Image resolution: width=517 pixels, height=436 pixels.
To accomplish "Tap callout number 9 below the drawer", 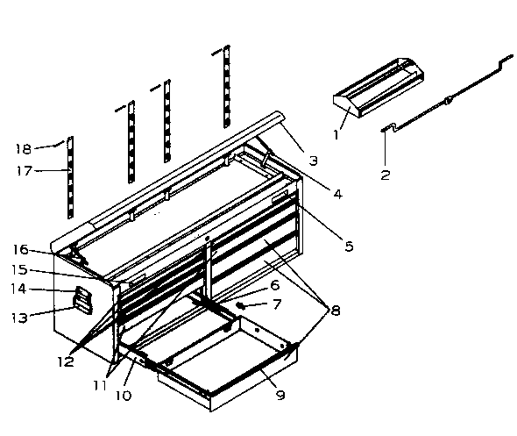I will (280, 395).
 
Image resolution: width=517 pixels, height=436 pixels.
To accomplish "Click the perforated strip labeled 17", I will (70, 180).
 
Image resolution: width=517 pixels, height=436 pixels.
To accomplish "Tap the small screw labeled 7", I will (241, 304).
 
